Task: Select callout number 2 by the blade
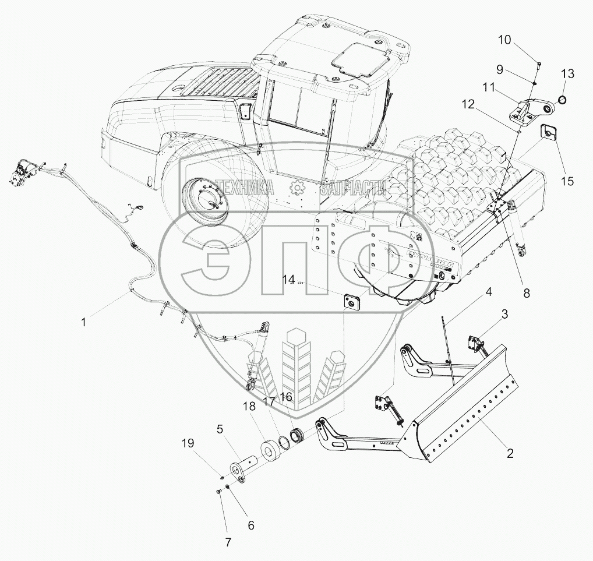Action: point(510,453)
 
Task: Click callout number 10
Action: point(504,40)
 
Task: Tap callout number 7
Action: point(228,542)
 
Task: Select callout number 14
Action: point(289,280)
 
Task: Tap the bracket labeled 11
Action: point(527,111)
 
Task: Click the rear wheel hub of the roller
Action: point(206,200)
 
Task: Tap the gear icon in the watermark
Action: point(297,187)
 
